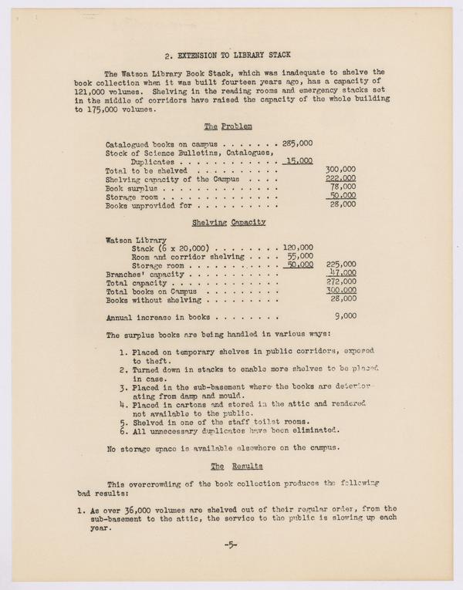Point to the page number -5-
(230, 544)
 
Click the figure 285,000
(297, 143)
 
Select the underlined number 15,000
(298, 161)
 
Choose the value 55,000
(299, 255)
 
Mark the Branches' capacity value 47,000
(342, 272)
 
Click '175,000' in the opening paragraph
(104, 110)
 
